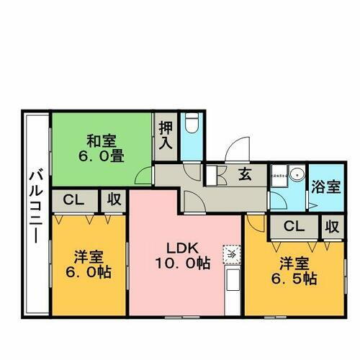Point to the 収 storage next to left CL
pos(114,199)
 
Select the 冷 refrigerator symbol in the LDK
pos(233,253)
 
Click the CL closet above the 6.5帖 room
pos(294,227)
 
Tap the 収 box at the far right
pos(331,227)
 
